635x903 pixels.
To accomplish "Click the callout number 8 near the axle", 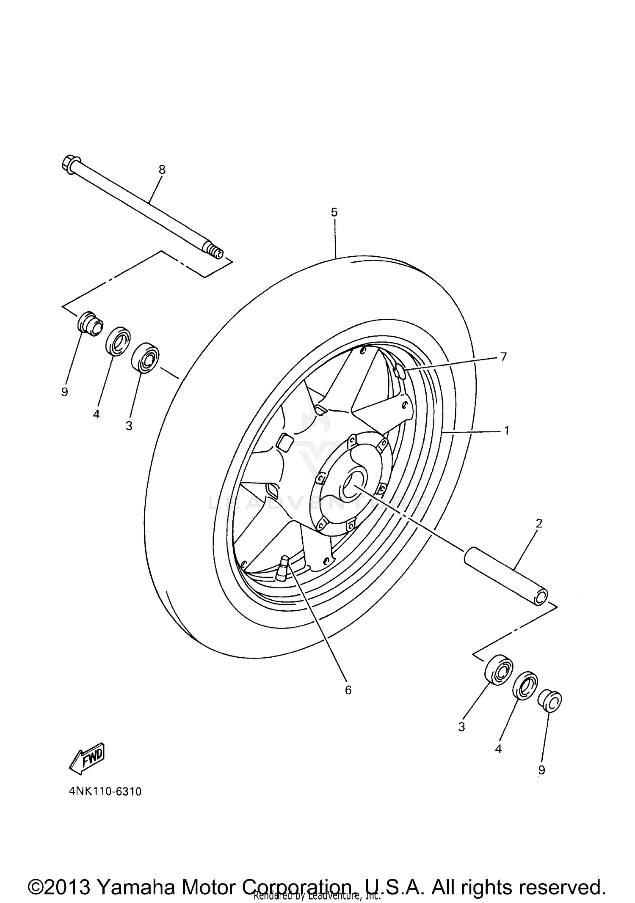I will (162, 170).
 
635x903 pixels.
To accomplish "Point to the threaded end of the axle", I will (216, 253).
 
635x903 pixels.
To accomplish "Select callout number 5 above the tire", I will (334, 212).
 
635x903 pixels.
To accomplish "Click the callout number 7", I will (503, 357).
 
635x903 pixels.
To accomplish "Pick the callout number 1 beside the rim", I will (506, 431).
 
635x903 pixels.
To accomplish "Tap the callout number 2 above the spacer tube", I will (539, 524).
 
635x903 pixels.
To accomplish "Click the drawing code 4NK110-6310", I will (105, 791).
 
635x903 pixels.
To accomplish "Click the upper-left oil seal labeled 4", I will (118, 341).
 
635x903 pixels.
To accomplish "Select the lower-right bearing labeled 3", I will (499, 670).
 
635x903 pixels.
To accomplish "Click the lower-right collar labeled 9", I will (549, 700).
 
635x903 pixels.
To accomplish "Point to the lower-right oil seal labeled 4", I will (525, 686).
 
